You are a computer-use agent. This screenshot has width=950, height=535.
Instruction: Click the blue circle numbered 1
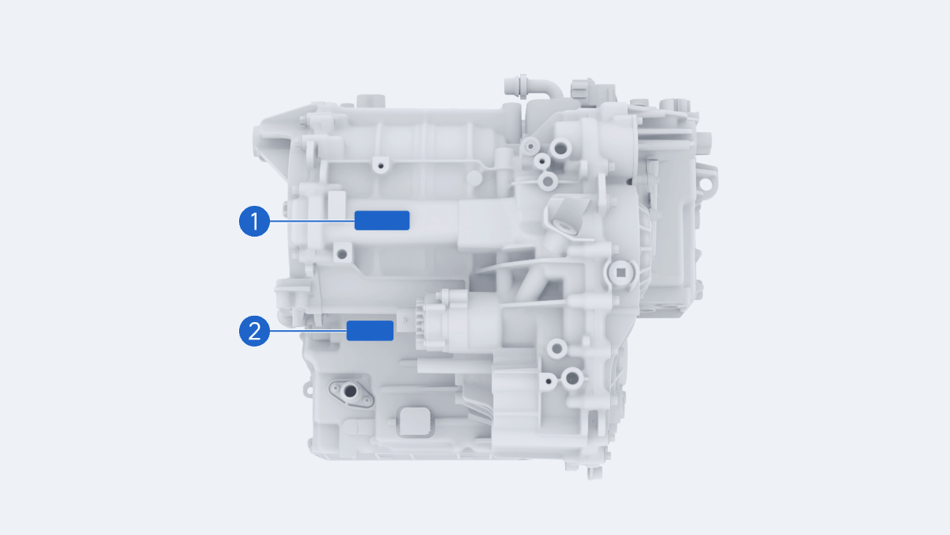254,222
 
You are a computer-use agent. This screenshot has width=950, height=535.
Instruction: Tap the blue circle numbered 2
254,331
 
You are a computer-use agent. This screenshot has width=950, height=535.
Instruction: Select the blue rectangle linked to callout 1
382,221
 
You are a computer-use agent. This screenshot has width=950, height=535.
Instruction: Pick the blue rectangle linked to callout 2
370,331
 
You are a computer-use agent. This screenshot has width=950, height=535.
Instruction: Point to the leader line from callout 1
312,222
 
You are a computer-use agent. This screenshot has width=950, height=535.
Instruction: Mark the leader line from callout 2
308,331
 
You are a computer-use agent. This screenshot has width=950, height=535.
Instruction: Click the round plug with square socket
621,272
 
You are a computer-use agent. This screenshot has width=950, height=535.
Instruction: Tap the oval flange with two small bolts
351,393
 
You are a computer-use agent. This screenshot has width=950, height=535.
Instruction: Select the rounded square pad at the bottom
415,422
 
